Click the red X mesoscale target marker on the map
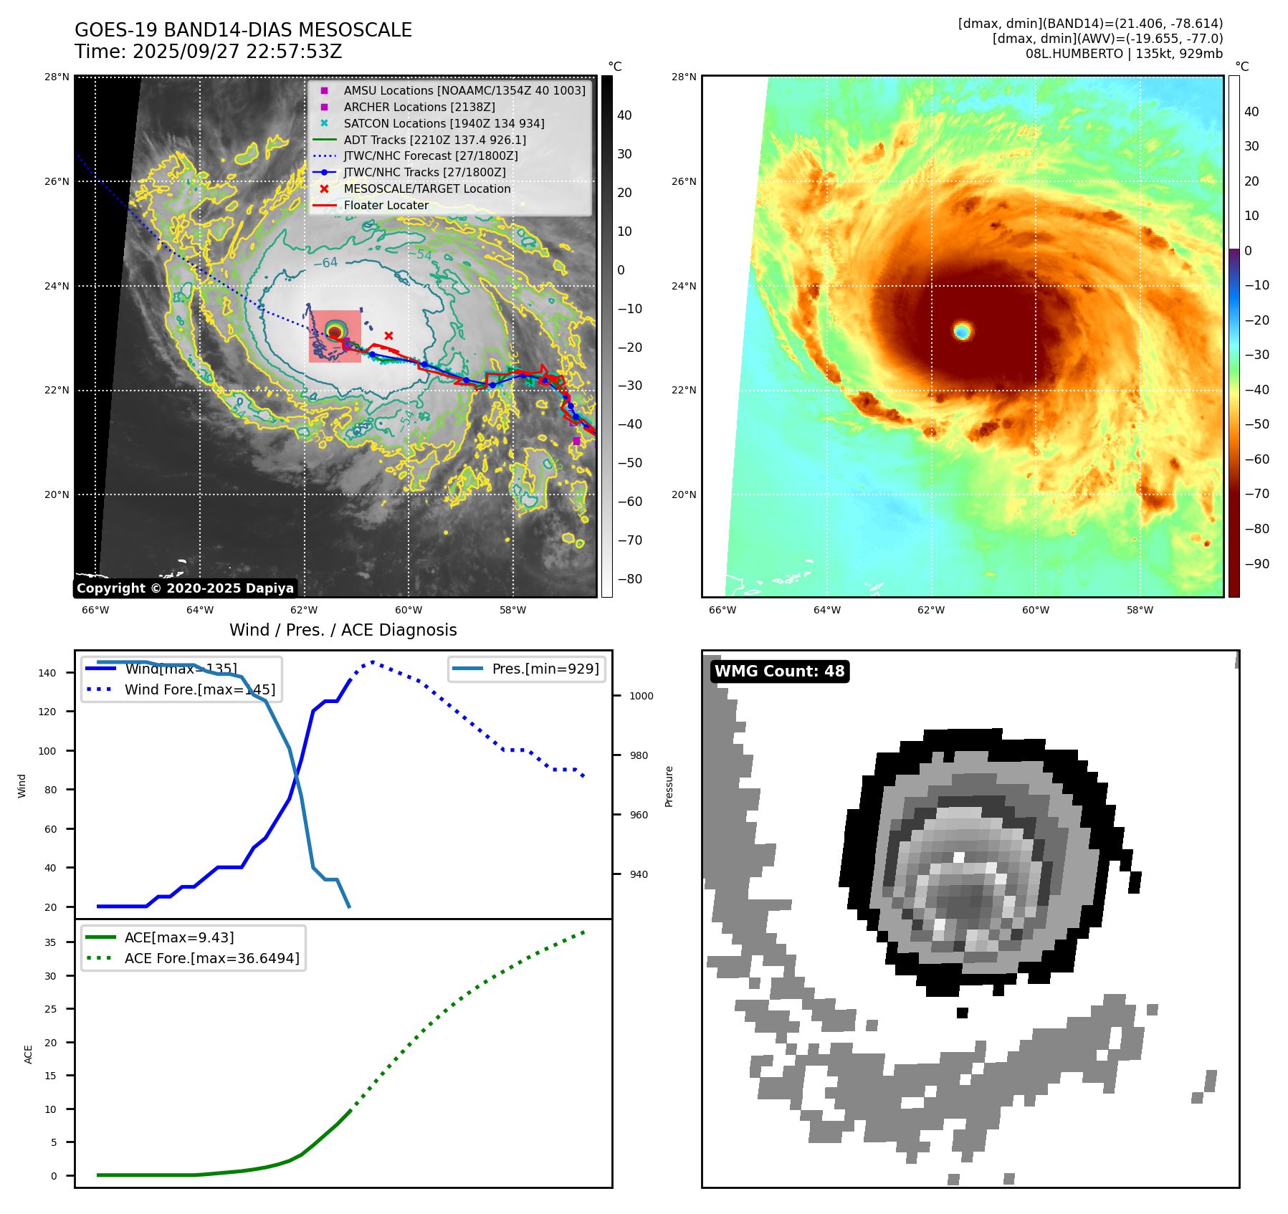click(388, 335)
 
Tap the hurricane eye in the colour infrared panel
click(962, 330)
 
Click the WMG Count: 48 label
click(779, 671)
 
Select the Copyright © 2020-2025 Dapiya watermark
click(185, 588)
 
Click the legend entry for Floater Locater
click(386, 205)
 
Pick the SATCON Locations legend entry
click(444, 123)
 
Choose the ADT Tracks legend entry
click(434, 140)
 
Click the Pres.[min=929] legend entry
click(545, 669)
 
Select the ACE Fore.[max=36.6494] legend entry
click(211, 958)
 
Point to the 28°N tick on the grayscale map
click(57, 77)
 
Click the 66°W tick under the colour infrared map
click(722, 611)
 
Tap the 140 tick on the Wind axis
click(47, 673)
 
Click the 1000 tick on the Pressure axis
click(641, 696)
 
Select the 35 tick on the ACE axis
click(50, 942)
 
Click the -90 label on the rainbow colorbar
click(1256, 564)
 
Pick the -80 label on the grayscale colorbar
click(629, 579)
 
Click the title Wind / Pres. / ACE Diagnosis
click(343, 630)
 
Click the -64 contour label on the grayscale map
click(325, 263)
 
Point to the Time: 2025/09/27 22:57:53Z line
click(208, 52)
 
